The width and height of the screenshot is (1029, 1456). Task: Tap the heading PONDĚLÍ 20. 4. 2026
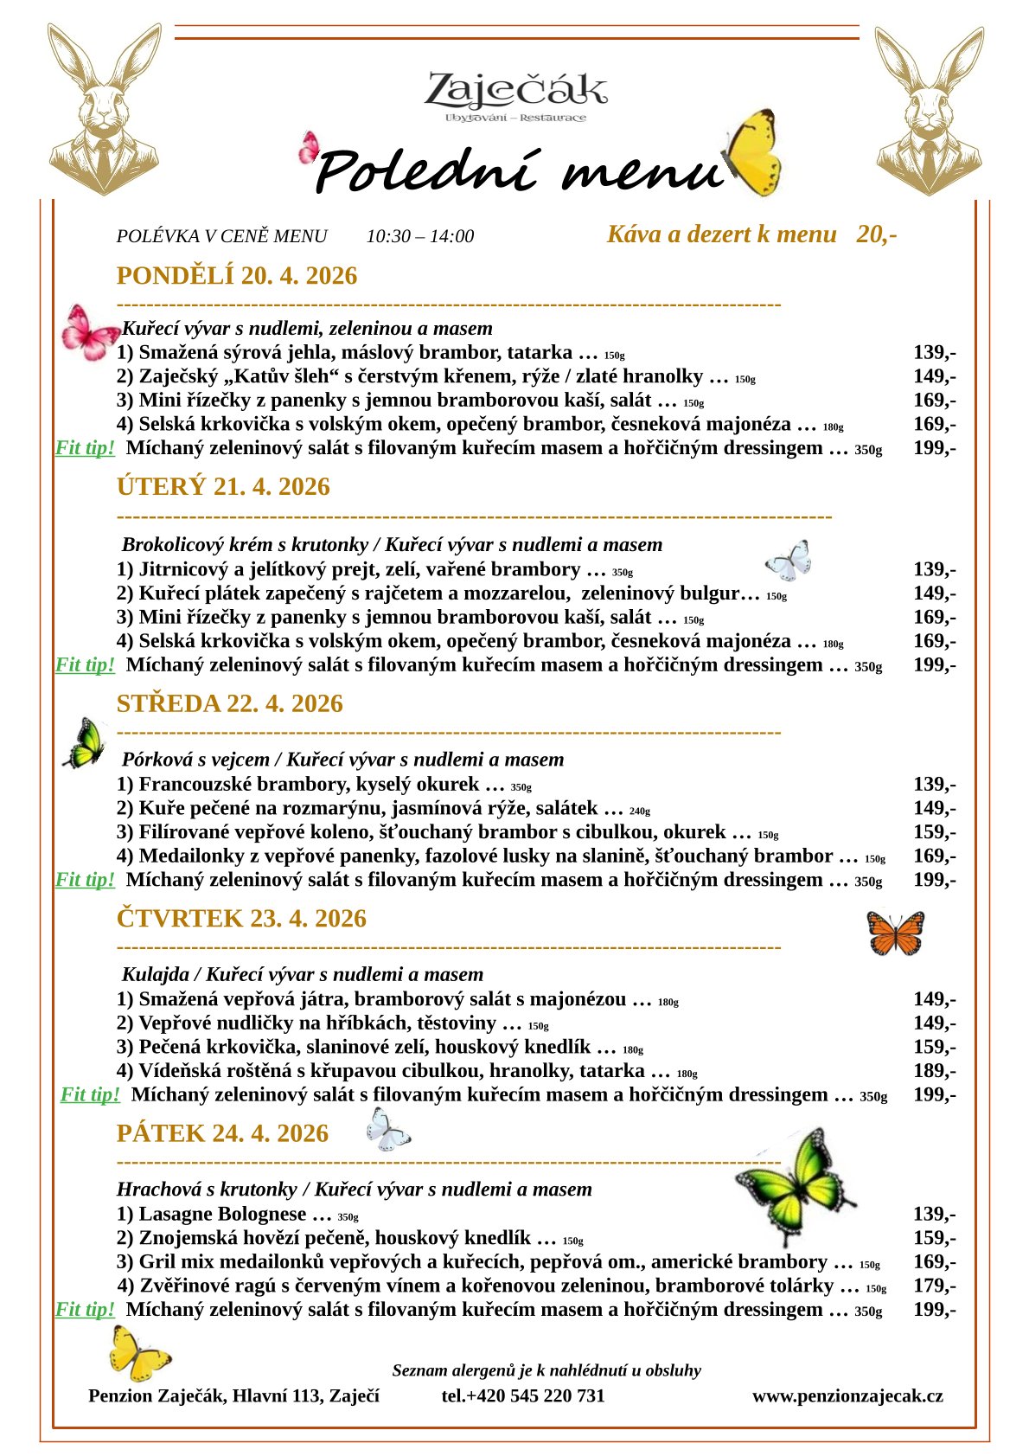point(236,276)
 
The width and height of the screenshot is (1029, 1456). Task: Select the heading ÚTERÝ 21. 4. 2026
point(223,487)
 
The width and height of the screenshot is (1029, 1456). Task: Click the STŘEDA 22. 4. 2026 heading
point(229,703)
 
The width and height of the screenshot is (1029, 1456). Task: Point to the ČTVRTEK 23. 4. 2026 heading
point(241,919)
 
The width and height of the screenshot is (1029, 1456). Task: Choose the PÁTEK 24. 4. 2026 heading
point(222,1133)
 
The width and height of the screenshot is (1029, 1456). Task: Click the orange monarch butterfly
point(896,933)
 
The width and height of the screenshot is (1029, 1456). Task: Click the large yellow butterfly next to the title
point(754,154)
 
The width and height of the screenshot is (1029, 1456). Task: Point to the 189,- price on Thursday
point(934,1071)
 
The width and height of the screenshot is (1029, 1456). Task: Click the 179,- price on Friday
point(934,1286)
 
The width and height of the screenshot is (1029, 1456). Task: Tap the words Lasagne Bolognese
point(222,1214)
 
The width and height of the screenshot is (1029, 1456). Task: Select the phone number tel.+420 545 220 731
point(523,1395)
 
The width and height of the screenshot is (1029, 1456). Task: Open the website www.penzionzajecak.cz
point(847,1395)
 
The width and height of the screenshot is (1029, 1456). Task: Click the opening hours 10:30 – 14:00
point(420,236)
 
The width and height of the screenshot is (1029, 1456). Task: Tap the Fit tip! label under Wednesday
point(85,880)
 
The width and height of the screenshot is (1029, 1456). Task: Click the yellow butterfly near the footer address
point(138,1353)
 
